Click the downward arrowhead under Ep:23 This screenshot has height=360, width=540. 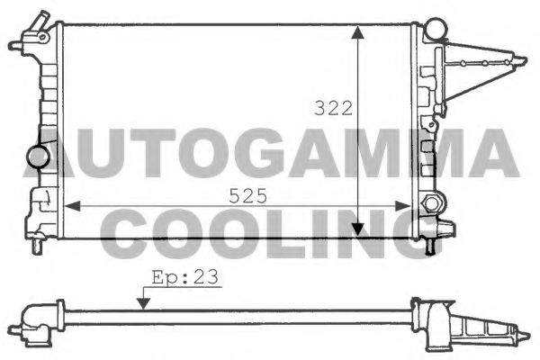click(140, 303)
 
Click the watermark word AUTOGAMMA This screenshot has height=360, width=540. click(270, 152)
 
